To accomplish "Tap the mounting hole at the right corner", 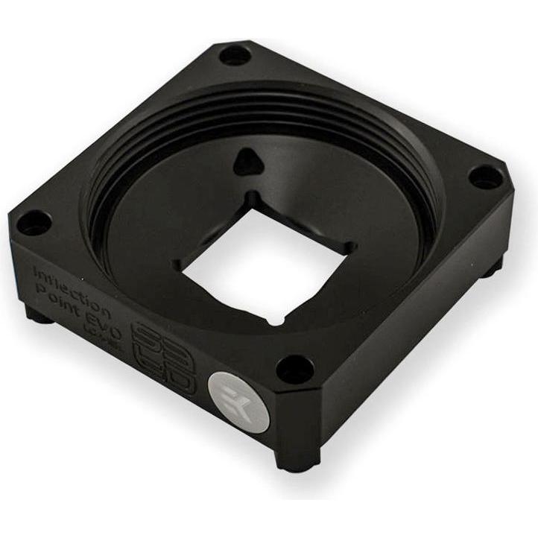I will pyautogui.click(x=486, y=180).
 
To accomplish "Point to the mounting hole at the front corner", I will pyautogui.click(x=297, y=367).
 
